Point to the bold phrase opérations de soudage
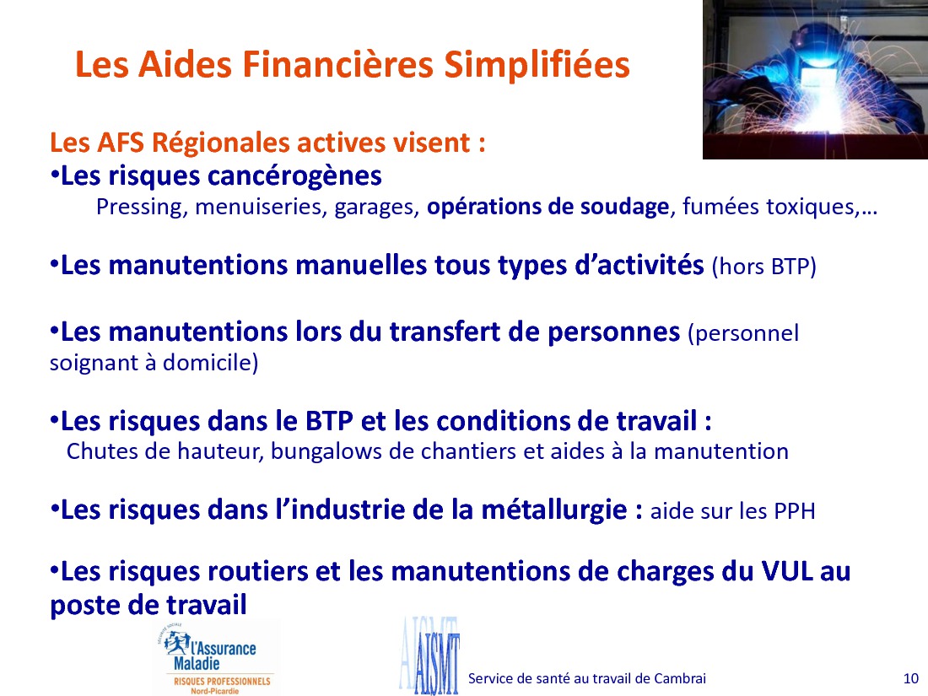pyautogui.click(x=548, y=208)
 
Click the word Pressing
pyautogui.click(x=138, y=208)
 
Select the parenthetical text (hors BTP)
pyautogui.click(x=764, y=267)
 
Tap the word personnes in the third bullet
pyautogui.click(x=613, y=332)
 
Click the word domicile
pyautogui.click(x=211, y=362)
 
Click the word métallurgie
pyautogui.click(x=554, y=510)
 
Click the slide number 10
pyautogui.click(x=911, y=679)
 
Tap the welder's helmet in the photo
pyautogui.click(x=816, y=47)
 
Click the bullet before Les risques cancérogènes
pyautogui.click(x=55, y=175)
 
